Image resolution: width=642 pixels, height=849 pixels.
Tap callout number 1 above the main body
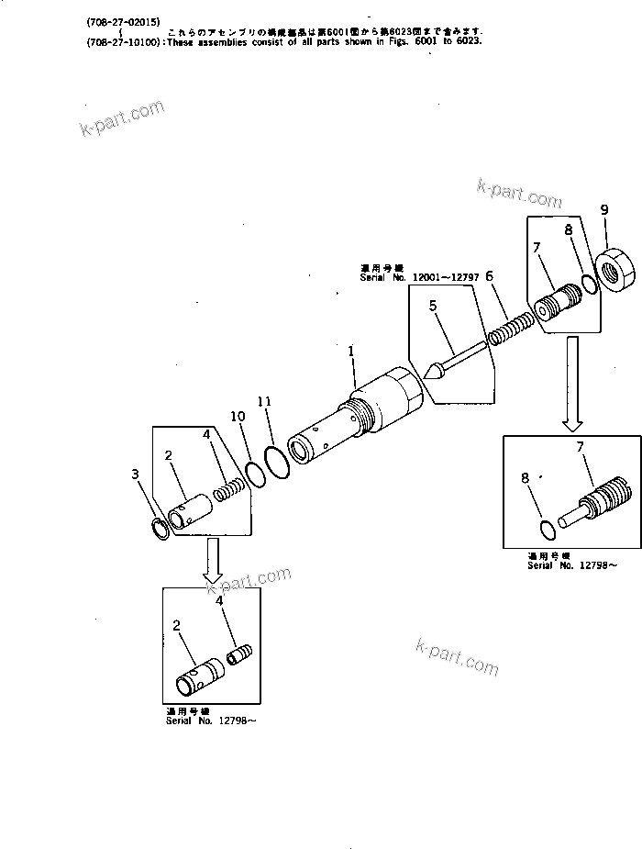[x=350, y=350]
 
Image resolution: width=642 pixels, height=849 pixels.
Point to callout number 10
[x=238, y=416]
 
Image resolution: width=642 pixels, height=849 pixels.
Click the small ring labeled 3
[x=160, y=530]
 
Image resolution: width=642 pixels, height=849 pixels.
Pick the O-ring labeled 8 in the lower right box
[x=547, y=529]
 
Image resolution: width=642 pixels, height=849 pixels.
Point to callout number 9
[x=603, y=210]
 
